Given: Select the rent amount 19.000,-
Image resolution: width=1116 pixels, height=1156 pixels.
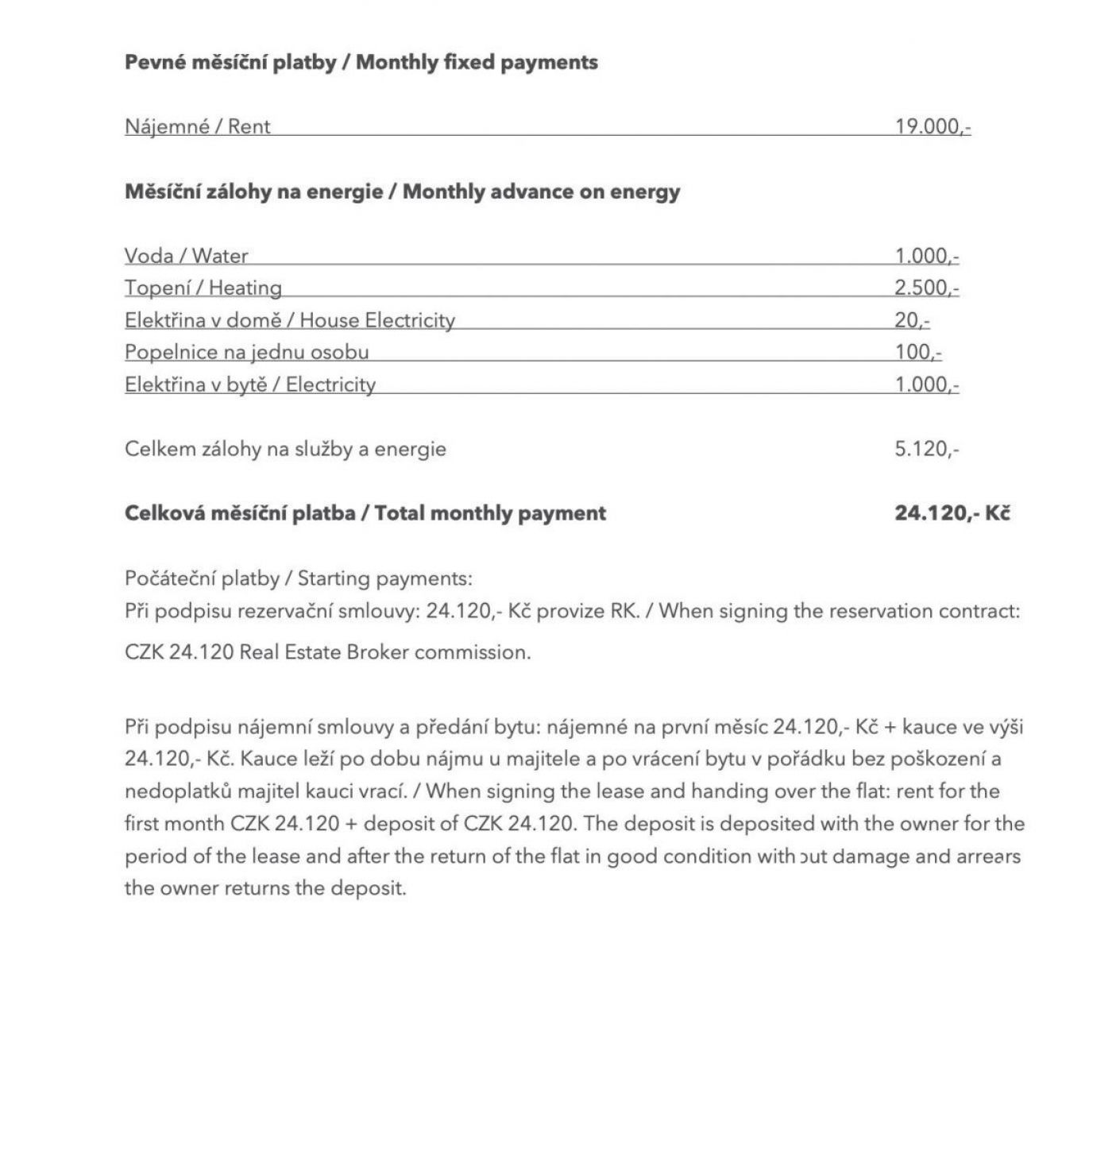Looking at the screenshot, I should pyautogui.click(x=932, y=126).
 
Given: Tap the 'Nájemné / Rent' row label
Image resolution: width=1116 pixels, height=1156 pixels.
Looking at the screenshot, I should pyautogui.click(x=197, y=126).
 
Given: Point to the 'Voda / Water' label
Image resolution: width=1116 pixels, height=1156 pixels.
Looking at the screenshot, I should pyautogui.click(x=186, y=256).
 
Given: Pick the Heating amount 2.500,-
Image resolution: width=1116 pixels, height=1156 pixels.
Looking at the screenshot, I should pyautogui.click(x=926, y=288).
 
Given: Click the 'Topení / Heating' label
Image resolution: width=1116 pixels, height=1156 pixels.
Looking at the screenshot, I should pyautogui.click(x=203, y=288).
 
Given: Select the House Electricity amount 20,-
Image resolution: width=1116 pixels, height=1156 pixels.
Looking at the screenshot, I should pyautogui.click(x=911, y=320).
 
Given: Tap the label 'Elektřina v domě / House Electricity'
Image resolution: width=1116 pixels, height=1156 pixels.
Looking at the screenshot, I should pyautogui.click(x=289, y=320).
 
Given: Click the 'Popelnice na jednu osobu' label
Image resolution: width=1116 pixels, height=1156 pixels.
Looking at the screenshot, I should pyautogui.click(x=246, y=352).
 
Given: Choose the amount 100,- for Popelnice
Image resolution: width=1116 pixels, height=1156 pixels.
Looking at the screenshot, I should pyautogui.click(x=917, y=352).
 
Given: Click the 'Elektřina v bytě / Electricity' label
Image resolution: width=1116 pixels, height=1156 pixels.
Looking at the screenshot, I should pyautogui.click(x=249, y=385).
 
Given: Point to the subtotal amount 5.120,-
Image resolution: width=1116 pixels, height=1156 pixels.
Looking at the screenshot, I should pyautogui.click(x=926, y=449).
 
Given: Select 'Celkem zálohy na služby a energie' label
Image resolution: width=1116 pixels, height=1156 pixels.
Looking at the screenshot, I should pyautogui.click(x=285, y=449).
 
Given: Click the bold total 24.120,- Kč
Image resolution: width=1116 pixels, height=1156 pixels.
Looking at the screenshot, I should pyautogui.click(x=952, y=513).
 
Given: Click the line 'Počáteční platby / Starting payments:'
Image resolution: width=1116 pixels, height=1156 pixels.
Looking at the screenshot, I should pyautogui.click(x=298, y=578).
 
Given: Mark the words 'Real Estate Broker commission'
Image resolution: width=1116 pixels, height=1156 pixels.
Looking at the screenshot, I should pyautogui.click(x=384, y=652).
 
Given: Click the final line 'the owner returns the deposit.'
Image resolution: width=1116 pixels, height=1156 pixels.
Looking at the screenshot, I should pyautogui.click(x=265, y=887).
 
